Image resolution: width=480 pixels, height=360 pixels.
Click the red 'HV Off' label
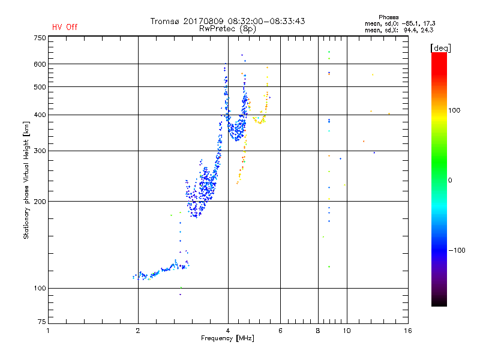click(65, 27)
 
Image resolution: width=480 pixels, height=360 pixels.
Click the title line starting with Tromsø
click(227, 21)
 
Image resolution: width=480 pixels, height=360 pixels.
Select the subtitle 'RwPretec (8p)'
click(227, 28)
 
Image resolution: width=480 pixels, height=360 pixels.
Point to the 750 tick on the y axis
click(40, 38)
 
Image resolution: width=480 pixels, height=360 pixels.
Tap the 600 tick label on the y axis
click(40, 64)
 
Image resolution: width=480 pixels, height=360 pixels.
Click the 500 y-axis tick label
click(40, 87)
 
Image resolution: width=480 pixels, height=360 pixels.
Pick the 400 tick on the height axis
click(40, 115)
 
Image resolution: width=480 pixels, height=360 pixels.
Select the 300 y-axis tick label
click(40, 151)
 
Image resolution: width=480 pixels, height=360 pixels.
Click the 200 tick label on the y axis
click(40, 202)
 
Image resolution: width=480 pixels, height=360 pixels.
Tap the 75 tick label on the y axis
click(41, 323)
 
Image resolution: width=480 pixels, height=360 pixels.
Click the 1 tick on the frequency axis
click(49, 331)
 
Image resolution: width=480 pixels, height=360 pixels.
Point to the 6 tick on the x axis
click(280, 331)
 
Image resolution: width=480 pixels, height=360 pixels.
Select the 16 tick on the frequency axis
click(407, 331)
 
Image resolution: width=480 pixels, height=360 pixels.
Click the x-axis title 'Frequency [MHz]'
click(227, 338)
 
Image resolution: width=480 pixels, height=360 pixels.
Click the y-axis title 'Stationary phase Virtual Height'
click(26, 180)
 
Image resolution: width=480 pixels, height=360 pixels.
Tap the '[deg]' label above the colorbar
click(441, 47)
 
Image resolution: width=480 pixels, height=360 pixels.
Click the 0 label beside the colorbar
click(450, 180)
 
